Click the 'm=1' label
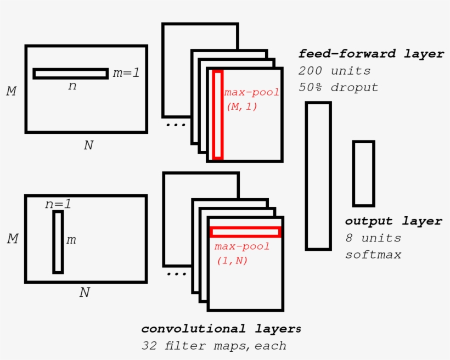tap(126, 72)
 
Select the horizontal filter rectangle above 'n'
tap(70, 74)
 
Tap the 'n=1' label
tap(58, 204)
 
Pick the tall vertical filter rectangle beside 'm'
tap(58, 242)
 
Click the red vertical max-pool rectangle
tap(217, 115)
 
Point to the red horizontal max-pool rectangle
tap(245, 232)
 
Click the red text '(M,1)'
tap(241, 106)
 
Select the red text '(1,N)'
tap(232, 261)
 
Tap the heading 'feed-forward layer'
tap(371, 54)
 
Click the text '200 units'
tap(334, 71)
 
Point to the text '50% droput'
tap(338, 87)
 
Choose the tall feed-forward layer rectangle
tap(318, 176)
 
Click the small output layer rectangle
tap(363, 173)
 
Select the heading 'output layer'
tap(393, 221)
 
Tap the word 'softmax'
tap(373, 255)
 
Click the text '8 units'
tap(373, 238)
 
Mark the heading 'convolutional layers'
tap(221, 329)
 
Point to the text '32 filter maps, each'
tap(213, 346)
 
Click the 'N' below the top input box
tap(88, 145)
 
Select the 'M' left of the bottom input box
tap(12, 239)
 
